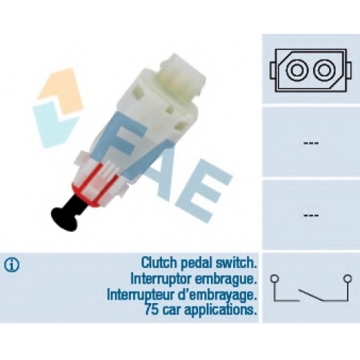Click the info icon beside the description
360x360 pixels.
12,265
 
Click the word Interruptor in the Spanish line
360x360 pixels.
161,279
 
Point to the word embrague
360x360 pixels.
225,280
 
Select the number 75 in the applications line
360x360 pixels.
151,310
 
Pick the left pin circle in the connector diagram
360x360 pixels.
297,71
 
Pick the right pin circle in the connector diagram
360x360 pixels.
324,71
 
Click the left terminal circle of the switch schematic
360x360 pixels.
274,279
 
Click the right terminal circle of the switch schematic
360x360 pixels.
347,279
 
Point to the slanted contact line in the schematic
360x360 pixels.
311,294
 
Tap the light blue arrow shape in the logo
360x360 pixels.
55,125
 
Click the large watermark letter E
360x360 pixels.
204,196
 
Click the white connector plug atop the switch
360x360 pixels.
181,74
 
